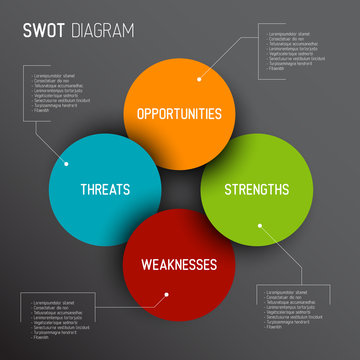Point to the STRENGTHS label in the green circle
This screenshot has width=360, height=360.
(256, 188)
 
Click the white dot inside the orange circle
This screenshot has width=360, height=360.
(199, 77)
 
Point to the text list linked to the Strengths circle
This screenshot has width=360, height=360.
(295, 309)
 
